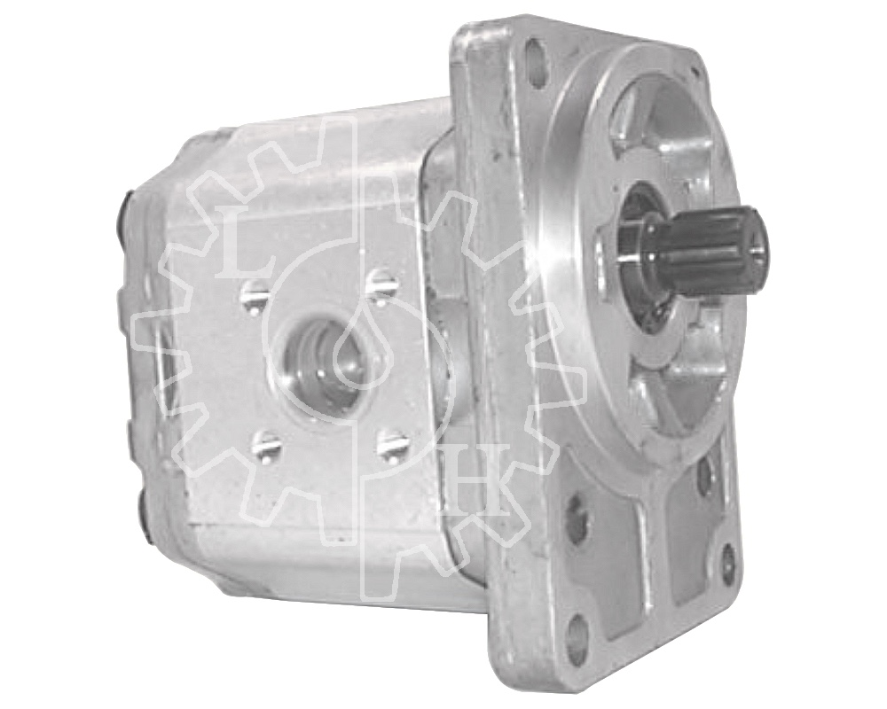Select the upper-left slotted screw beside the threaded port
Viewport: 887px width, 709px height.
coord(249,292)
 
